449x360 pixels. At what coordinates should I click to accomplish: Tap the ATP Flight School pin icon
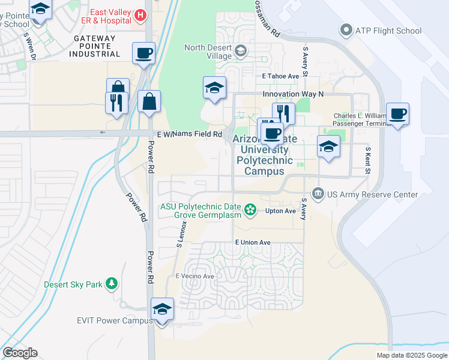click(346, 29)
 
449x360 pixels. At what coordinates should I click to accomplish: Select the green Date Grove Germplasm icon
click(251, 210)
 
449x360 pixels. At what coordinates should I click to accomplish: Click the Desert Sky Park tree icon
click(110, 283)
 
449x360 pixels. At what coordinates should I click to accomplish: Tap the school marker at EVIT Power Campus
click(162, 309)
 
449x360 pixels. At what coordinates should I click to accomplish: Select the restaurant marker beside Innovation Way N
click(283, 113)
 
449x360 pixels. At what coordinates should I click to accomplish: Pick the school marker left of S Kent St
click(328, 146)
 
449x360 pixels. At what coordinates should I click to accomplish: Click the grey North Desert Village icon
click(241, 51)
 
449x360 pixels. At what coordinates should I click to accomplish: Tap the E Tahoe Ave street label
click(280, 76)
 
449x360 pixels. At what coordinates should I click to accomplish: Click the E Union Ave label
click(253, 242)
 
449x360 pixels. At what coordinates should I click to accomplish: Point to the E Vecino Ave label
click(194, 276)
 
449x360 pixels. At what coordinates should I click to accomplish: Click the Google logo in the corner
click(20, 352)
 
